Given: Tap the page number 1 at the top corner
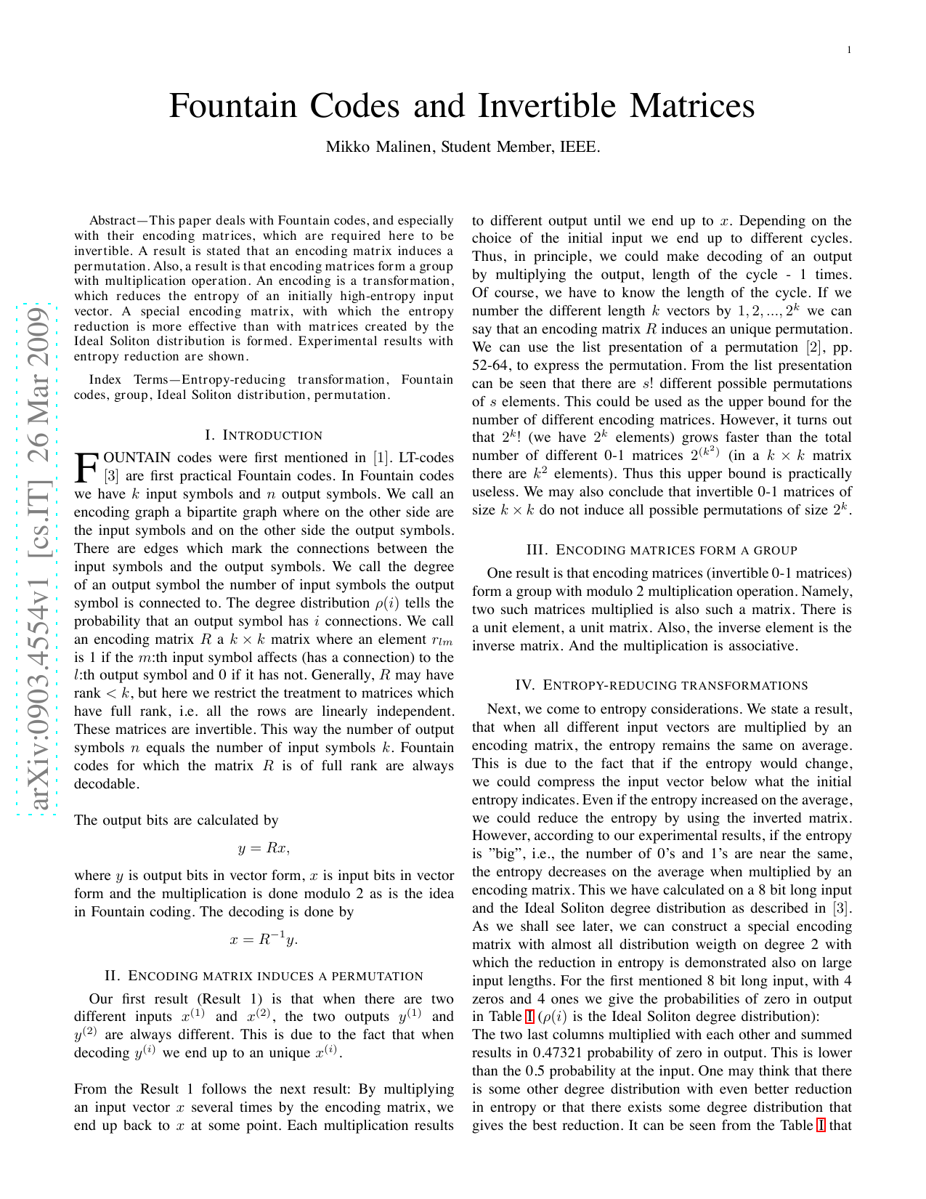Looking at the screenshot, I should [848, 49].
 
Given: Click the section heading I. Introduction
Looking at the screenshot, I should [264, 435].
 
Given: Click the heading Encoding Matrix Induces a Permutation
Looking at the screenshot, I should [264, 976].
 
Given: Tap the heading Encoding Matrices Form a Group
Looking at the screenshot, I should [662, 550].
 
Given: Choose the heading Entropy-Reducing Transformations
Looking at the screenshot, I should [662, 685].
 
